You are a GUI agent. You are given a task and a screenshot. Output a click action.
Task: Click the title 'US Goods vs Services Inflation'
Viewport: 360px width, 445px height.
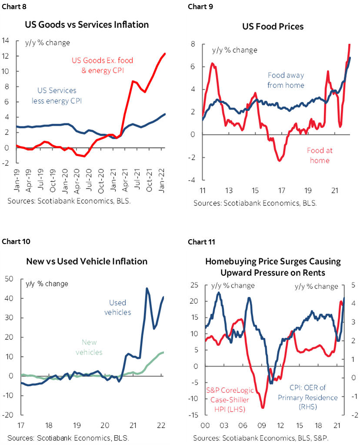87,25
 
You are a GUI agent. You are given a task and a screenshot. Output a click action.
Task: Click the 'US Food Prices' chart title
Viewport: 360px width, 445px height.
273,27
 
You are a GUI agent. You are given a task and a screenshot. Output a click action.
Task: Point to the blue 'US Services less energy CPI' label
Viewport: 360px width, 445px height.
57,96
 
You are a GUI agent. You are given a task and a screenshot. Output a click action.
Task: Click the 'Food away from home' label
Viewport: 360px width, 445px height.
286,80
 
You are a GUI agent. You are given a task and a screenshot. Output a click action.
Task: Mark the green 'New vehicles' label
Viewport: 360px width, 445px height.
89,347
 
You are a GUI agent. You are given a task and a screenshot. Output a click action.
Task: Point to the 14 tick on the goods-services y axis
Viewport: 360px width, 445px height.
6,41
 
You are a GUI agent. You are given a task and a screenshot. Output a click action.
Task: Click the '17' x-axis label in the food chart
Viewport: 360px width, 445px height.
282,191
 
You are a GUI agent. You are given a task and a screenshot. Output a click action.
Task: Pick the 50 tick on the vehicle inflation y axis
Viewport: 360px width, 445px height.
9,279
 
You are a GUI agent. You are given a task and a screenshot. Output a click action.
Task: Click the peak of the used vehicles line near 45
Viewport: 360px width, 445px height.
147,288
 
